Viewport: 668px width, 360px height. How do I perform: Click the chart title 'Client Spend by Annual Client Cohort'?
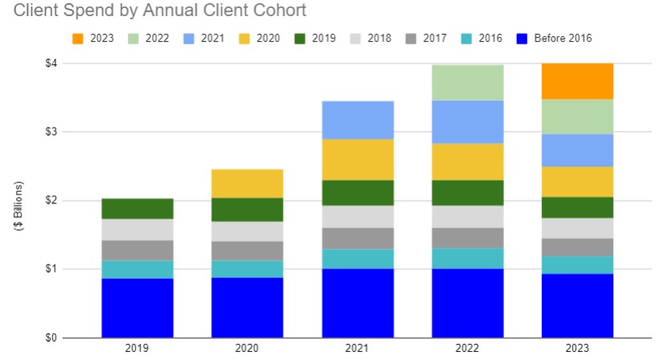pos(154,11)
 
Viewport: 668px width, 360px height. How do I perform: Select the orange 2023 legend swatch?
pos(77,37)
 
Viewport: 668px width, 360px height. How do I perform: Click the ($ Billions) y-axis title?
pos(18,207)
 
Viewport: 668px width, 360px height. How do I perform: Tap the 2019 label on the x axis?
pos(137,349)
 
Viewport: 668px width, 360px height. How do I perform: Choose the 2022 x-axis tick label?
pos(467,349)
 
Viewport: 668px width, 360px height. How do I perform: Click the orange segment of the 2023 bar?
pos(577,81)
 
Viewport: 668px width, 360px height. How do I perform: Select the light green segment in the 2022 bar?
pos(467,83)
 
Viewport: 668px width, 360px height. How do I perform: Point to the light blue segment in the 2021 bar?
pos(357,120)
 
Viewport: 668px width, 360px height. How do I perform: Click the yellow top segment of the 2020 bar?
pos(247,183)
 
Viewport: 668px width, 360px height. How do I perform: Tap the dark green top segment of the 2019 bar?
pos(137,209)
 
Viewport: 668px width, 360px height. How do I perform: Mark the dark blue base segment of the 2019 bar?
pos(137,308)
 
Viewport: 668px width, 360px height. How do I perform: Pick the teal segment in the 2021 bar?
pos(357,259)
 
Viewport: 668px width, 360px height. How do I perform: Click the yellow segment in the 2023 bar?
pos(577,182)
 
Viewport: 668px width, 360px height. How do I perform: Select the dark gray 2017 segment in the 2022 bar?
pos(467,238)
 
